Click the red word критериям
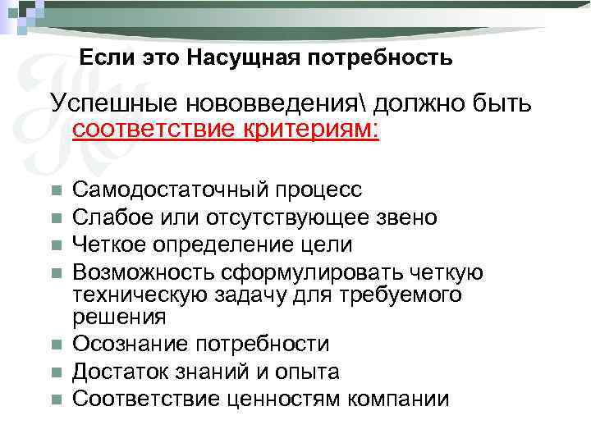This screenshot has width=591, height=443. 310,131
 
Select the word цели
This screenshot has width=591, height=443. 329,244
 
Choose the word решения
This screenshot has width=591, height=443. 119,316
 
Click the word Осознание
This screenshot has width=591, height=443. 121,344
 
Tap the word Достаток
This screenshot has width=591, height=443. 114,372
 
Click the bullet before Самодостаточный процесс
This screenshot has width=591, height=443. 56,191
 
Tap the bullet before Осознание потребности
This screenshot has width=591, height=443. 56,345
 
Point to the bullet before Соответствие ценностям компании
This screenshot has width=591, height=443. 56,400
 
